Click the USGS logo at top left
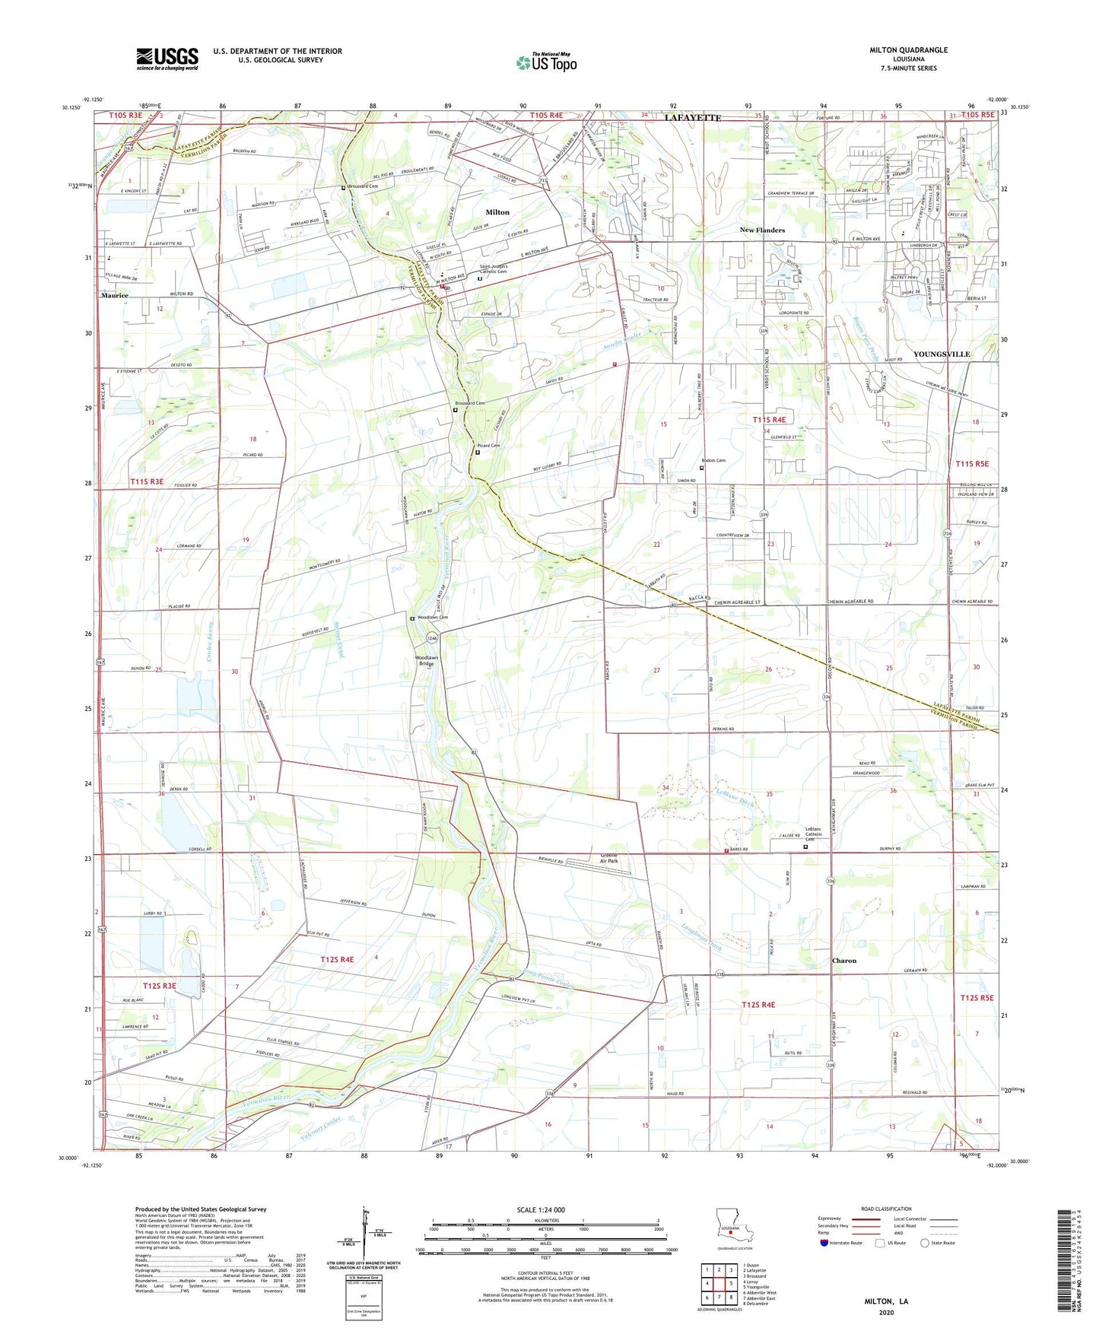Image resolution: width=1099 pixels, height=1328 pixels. tap(167, 59)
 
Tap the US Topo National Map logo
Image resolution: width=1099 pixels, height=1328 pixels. tap(546, 62)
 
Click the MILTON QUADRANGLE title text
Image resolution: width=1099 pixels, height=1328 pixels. tap(908, 50)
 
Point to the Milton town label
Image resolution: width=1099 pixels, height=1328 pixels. tap(497, 212)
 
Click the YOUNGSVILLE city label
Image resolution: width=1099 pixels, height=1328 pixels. tap(941, 354)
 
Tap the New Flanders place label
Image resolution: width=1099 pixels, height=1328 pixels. tap(762, 230)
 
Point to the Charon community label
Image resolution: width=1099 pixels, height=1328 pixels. tap(843, 961)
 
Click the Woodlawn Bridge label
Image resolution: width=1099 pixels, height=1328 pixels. tap(426, 660)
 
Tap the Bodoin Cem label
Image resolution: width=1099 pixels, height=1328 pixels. tap(713, 460)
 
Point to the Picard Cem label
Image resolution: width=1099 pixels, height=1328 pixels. tap(488, 446)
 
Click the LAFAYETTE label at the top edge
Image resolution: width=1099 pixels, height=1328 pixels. tap(692, 118)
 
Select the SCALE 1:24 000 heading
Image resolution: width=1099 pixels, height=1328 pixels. tap(541, 1209)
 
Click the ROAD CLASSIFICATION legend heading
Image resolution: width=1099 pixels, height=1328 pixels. tap(886, 1209)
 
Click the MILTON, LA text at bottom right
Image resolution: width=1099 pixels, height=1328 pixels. tap(886, 1301)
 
